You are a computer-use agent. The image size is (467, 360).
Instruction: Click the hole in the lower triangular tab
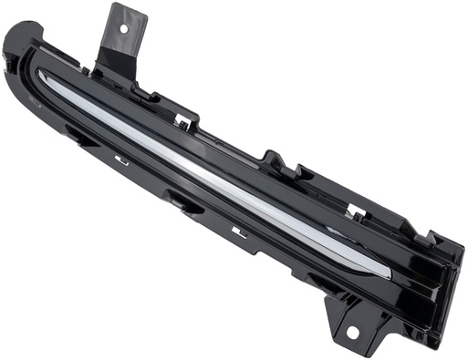point(352,333)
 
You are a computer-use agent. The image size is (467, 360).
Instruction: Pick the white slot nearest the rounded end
point(120,160)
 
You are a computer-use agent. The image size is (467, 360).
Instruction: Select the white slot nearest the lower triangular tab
point(239,233)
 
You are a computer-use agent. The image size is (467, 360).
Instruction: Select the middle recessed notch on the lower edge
point(182,202)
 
